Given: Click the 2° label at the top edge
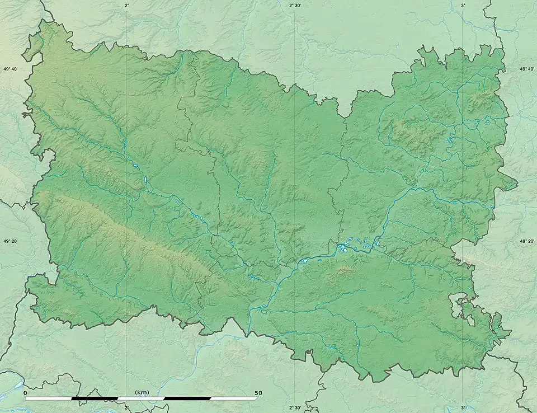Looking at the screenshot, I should pyautogui.click(x=127, y=5).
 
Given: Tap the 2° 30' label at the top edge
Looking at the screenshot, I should pyautogui.click(x=295, y=5).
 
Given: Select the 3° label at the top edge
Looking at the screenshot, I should pyautogui.click(x=463, y=5).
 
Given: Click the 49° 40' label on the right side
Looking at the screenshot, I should pyautogui.click(x=527, y=69).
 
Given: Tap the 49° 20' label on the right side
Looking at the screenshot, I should pyautogui.click(x=527, y=241).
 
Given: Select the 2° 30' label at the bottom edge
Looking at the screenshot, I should pyautogui.click(x=295, y=408).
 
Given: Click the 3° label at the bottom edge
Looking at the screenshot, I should pyautogui.click(x=463, y=408).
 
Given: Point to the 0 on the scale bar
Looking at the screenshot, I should pyautogui.click(x=25, y=393).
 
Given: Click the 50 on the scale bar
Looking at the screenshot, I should pyautogui.click(x=258, y=393).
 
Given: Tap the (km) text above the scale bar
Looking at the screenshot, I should pyautogui.click(x=142, y=393).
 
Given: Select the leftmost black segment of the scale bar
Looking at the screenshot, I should pyautogui.click(x=95, y=398).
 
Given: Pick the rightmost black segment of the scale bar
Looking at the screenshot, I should pyautogui.click(x=188, y=398).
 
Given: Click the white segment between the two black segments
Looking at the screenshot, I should pyautogui.click(x=142, y=398).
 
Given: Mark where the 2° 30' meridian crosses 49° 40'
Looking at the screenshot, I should pyautogui.click(x=295, y=69).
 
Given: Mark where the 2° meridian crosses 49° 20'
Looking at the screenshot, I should pyautogui.click(x=127, y=241).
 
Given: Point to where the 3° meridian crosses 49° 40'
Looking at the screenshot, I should pyautogui.click(x=463, y=69).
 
